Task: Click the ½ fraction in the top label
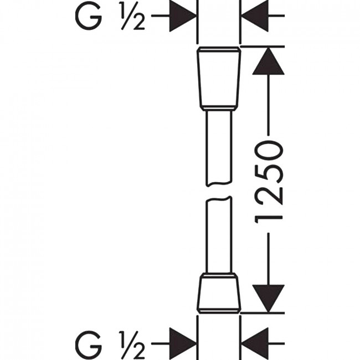coord(133,16)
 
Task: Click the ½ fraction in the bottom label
coord(133,345)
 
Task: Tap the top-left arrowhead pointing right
coord(183,16)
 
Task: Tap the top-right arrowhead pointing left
coord(254,16)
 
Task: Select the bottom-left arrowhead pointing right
coord(183,344)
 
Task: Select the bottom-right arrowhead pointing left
coord(254,344)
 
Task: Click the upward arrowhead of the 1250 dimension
coord(268,61)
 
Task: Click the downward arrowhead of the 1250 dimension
coord(268,299)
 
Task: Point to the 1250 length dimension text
coord(269,183)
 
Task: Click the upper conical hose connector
coord(219,79)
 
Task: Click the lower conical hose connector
coord(219,293)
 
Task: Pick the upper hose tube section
coord(219,148)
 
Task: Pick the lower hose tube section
coord(219,234)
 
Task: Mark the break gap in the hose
coord(219,191)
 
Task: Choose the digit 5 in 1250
coord(269,173)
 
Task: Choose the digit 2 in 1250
coord(269,195)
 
